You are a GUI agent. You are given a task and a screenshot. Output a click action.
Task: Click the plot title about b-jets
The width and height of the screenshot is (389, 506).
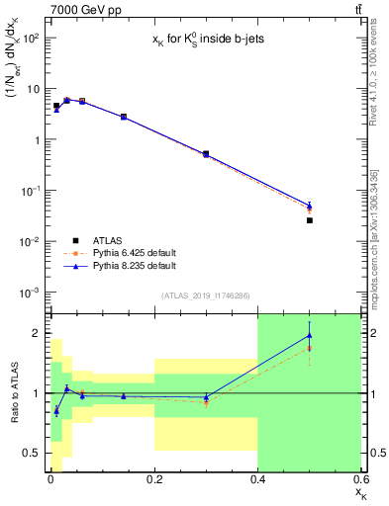[x=205, y=37]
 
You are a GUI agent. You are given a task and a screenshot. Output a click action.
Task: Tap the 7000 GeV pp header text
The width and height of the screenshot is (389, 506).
[x=79, y=9]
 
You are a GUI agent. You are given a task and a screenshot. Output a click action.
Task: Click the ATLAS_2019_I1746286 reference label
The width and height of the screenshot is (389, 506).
[x=206, y=295]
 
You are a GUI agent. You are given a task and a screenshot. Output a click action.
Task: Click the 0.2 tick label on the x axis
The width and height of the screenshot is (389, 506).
[x=153, y=481]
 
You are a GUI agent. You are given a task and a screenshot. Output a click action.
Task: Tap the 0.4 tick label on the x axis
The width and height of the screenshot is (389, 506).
[x=257, y=481]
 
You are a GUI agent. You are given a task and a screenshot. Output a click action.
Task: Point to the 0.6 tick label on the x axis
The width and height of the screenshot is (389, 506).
[x=360, y=481]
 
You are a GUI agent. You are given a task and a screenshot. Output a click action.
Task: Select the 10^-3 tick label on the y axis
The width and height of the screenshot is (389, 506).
[x=30, y=293]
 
